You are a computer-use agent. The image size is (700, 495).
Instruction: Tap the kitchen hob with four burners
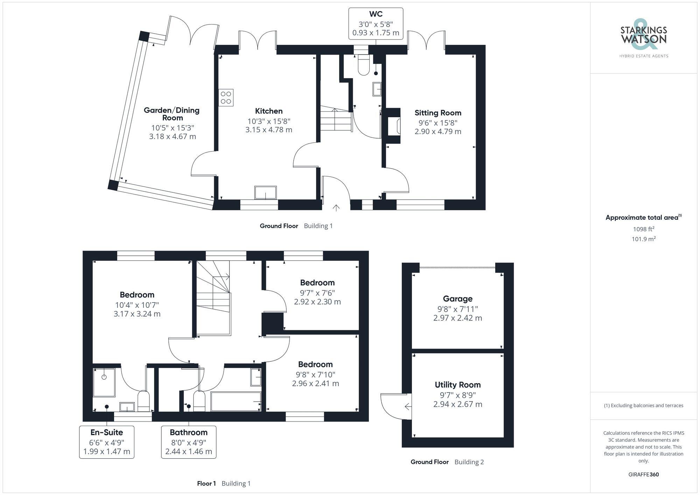[x=226, y=98]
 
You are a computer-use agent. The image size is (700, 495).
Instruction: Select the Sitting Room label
[x=438, y=113]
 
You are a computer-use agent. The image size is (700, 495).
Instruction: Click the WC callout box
[x=376, y=23]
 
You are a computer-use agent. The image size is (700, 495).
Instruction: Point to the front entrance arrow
[x=336, y=208]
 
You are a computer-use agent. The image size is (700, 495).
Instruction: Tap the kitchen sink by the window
[x=265, y=193]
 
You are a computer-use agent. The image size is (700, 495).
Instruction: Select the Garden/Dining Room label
[x=172, y=114]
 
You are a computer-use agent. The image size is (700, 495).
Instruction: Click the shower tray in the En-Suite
[x=104, y=382]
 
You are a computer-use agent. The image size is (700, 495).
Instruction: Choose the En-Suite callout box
[x=107, y=442]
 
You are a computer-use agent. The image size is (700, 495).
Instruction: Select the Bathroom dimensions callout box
[x=189, y=442]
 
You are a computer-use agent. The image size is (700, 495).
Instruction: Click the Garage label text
[x=457, y=299]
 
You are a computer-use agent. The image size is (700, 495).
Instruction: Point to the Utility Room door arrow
[x=407, y=406]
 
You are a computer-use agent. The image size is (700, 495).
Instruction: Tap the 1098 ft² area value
[x=643, y=229]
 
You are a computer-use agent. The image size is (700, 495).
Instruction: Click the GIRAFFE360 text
[x=643, y=475]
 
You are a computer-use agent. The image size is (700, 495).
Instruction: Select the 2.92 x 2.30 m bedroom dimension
[x=317, y=302]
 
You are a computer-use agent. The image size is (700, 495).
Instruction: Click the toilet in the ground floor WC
[x=364, y=65]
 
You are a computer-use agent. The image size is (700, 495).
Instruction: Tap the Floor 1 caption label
[x=206, y=483]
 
